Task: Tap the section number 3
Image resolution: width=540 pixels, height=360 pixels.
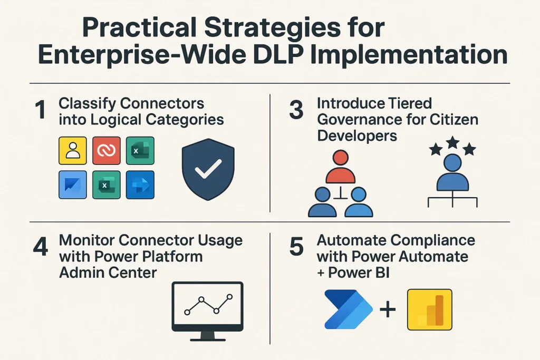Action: (x=297, y=110)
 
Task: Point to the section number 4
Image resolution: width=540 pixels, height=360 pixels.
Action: (x=40, y=248)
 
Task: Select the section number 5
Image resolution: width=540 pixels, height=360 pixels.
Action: (x=297, y=248)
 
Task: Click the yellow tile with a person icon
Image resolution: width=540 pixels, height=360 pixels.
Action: (x=72, y=151)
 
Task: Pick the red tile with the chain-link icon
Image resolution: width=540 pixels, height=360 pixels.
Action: (x=107, y=151)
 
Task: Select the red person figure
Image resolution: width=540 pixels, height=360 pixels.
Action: (x=340, y=167)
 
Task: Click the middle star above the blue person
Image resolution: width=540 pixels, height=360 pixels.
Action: (x=453, y=142)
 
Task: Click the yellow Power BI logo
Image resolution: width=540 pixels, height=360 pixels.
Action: (x=430, y=309)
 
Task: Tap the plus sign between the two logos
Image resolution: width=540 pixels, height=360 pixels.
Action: (x=388, y=309)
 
